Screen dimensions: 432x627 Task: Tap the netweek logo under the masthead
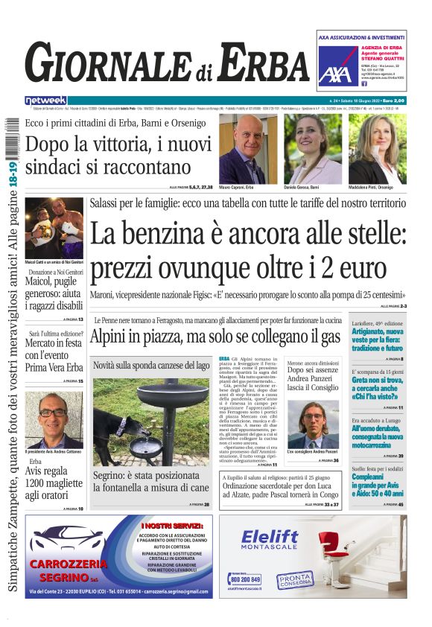(x=45, y=100)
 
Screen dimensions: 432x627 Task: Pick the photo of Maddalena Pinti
(x=377, y=148)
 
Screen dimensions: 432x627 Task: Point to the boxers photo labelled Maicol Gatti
(x=54, y=228)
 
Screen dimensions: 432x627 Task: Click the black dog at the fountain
(x=121, y=435)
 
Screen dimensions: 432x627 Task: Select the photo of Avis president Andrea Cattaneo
(x=54, y=418)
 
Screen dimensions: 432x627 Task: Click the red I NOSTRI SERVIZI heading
(x=170, y=527)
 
